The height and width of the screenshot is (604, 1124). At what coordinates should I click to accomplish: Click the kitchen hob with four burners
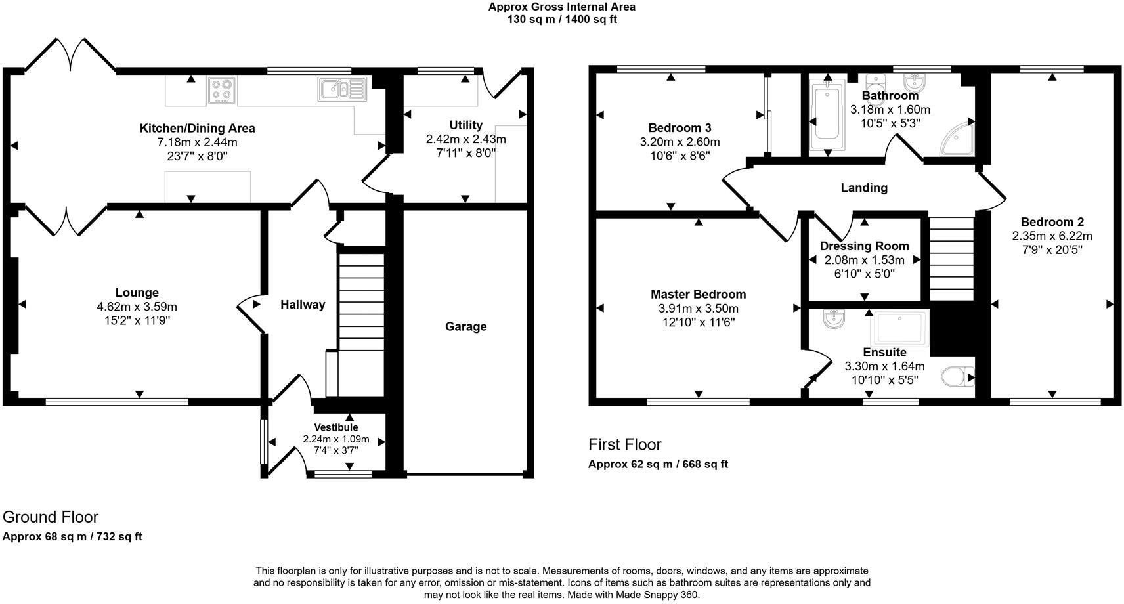tap(223, 91)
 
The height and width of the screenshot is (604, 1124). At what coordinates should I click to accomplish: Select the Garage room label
tap(465, 327)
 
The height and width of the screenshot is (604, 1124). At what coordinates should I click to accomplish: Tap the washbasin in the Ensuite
tap(834, 320)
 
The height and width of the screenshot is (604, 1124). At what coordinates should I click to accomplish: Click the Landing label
tap(864, 188)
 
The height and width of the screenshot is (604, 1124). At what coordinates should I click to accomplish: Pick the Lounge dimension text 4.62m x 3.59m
tap(137, 307)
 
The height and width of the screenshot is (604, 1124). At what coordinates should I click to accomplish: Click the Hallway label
tap(303, 305)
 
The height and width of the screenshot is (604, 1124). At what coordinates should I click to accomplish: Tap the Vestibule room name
tap(335, 427)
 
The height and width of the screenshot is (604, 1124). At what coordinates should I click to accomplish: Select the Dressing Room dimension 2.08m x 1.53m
tap(864, 260)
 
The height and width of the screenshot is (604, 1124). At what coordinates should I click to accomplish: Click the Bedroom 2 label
tap(1052, 222)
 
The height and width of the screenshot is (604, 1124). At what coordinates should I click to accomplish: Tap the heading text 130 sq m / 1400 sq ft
tap(561, 20)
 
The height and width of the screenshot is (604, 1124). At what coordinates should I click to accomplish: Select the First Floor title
tap(624, 444)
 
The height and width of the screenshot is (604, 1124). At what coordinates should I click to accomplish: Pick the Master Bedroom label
tap(698, 295)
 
